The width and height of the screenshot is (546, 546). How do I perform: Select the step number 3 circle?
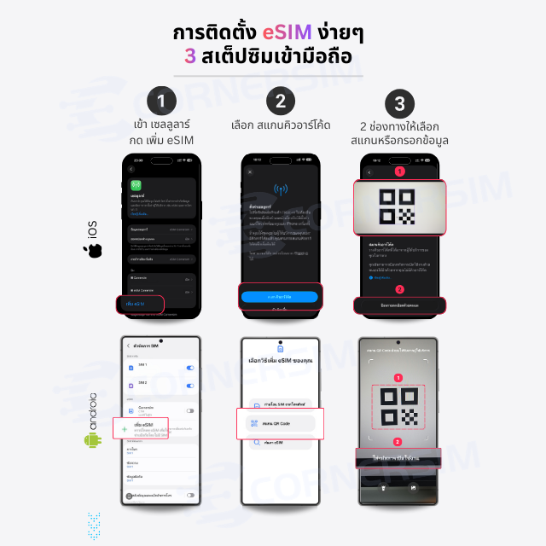pos(399,103)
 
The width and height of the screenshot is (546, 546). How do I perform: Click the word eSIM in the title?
pos(262,33)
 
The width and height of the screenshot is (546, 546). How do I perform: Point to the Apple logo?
pos(92,251)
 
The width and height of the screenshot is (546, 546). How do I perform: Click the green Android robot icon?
pos(92,439)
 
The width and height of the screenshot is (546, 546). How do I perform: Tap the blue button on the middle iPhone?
pos(279,297)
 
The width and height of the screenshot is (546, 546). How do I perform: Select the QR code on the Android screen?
pos(398,404)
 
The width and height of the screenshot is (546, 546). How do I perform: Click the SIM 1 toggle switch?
pos(189,368)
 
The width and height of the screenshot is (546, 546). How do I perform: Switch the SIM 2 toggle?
pos(189,384)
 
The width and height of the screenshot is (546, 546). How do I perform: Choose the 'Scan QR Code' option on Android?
pos(280,422)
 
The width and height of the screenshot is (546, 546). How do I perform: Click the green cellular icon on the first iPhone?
pos(135,185)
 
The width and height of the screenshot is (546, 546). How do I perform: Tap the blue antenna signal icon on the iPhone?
pos(280,189)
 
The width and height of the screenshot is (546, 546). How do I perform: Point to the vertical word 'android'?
pos(92,410)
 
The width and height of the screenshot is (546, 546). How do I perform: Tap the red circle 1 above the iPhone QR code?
pos(398,171)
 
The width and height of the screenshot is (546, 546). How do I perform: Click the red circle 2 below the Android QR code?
pos(398,442)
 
